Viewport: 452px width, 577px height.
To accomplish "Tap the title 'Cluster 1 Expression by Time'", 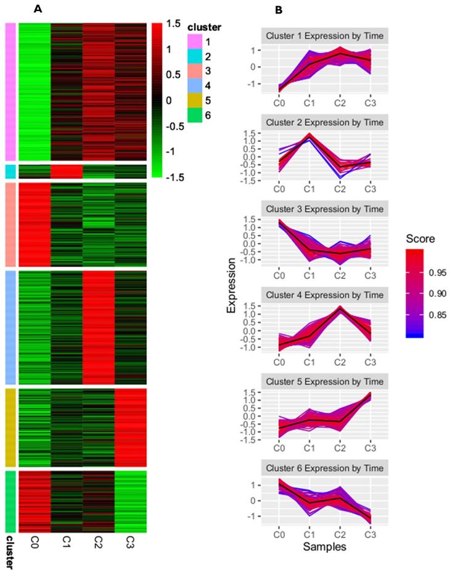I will click(x=324, y=36).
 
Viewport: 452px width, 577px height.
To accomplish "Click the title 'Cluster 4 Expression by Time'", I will click(x=324, y=295).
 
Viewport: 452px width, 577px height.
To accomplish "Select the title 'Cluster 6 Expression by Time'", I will click(x=324, y=468).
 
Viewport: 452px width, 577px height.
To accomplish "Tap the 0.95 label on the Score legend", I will click(x=434, y=272).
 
